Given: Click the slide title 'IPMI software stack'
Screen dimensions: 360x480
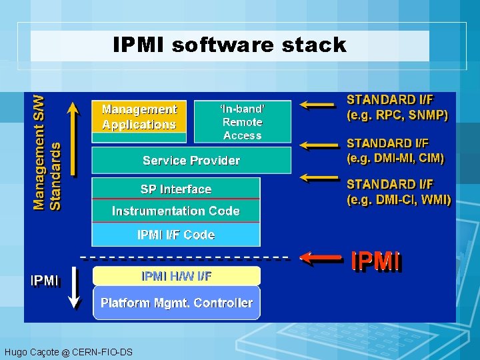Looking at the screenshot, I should pos(230,45).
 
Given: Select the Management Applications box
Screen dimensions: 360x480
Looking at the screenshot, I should pos(139,117).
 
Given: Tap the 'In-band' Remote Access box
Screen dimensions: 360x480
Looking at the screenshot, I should pos(243,122).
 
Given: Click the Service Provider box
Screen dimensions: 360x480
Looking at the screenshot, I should pos(191,161).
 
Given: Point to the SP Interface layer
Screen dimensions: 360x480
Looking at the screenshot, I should pos(176,189).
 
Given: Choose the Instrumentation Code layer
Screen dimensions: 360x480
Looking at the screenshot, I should pos(176,211).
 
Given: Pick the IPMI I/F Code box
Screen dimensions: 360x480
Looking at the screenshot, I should pos(176,235).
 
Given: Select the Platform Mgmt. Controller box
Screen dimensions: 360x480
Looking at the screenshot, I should pos(177,303).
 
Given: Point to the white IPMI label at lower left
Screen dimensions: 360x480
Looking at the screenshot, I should pos(45,281).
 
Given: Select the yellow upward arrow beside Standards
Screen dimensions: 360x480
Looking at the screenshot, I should pos(74,137).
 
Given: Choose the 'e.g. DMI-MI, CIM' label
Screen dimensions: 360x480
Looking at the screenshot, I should pos(395,151).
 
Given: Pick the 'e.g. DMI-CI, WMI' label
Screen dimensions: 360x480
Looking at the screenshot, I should pos(399,191).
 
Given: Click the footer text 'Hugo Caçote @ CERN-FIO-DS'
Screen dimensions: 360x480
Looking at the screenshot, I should pos(68,352).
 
